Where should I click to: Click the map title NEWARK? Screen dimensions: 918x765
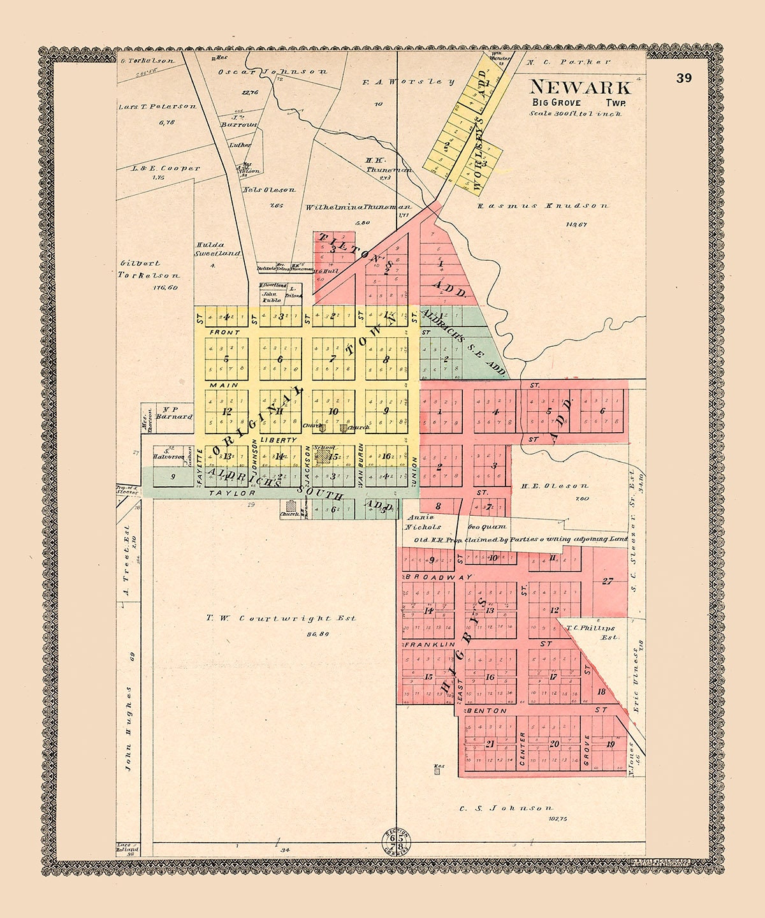click(579, 87)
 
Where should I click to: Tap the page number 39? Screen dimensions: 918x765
click(684, 78)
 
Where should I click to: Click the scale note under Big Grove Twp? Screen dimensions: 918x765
click(575, 113)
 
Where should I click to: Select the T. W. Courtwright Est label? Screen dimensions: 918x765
click(280, 618)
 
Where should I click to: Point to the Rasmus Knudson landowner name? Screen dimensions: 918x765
click(543, 206)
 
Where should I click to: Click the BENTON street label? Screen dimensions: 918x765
click(488, 710)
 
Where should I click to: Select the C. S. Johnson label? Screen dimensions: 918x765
click(505, 808)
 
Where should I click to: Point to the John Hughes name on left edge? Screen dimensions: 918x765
click(128, 729)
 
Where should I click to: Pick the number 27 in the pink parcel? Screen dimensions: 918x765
click(607, 581)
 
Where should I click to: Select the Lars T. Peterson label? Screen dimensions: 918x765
click(157, 106)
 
